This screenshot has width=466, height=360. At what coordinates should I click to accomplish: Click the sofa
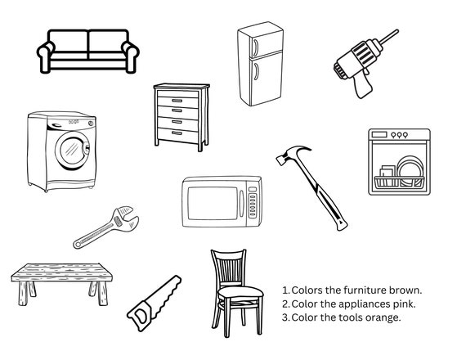[88, 52]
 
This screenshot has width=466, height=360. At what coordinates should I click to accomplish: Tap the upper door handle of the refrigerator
[255, 47]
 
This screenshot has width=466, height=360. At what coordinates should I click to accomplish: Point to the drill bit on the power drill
[388, 37]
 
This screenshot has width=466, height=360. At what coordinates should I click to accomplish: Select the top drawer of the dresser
[177, 94]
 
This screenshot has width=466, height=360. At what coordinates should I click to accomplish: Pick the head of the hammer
[293, 154]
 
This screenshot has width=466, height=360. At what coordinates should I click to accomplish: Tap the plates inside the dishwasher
[410, 171]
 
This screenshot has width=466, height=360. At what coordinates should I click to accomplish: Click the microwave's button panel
[253, 202]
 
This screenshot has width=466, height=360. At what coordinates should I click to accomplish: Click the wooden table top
[62, 272]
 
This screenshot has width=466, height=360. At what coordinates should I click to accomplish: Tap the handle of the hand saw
[141, 316]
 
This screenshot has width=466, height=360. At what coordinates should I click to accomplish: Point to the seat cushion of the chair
[240, 292]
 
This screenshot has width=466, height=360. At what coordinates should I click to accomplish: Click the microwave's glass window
[213, 203]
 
